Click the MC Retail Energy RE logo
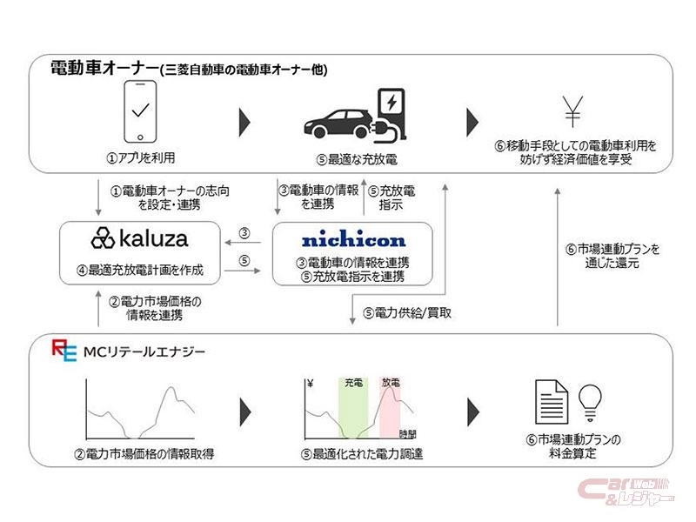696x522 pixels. coord(64,351)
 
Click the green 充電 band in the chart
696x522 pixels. coord(353,409)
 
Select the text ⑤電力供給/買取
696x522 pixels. coord(407,311)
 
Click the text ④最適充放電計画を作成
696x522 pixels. coord(140,270)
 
